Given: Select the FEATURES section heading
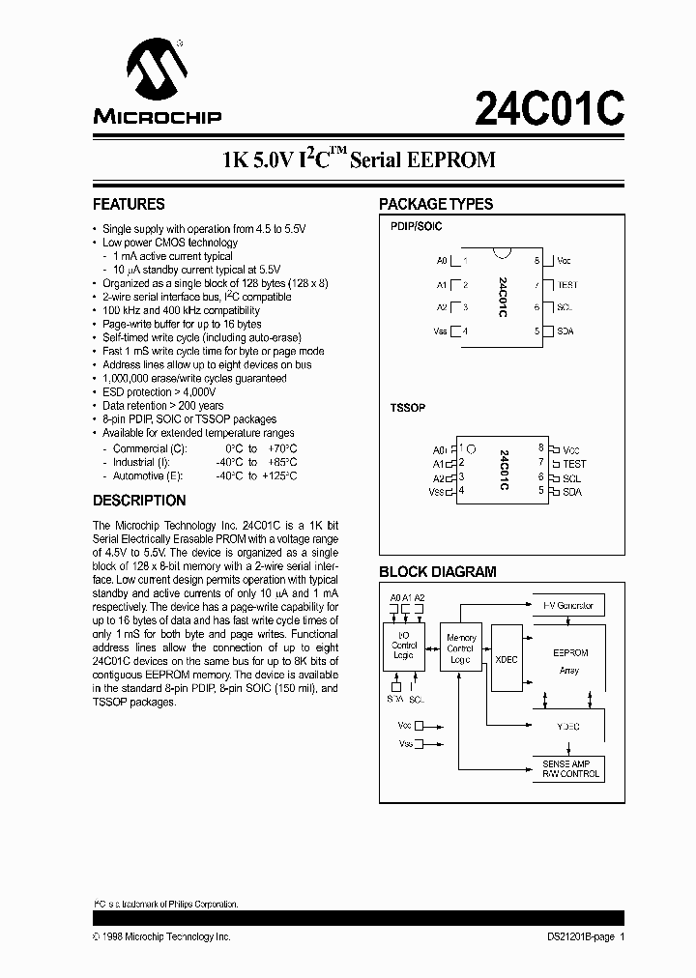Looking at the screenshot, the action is (x=129, y=204).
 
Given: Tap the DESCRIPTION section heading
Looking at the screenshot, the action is (x=139, y=501).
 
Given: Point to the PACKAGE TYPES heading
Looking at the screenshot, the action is (x=436, y=204).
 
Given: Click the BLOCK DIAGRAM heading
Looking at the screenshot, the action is (x=437, y=571).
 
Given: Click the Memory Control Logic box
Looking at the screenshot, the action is (x=461, y=649).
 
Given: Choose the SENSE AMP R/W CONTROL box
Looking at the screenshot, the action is (x=567, y=769).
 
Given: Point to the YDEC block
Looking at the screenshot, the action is (x=567, y=725).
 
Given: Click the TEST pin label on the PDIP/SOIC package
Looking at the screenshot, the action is (x=567, y=284).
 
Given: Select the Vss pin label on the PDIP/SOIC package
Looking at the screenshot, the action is (x=442, y=331).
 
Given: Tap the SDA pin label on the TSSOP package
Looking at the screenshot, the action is (x=572, y=492).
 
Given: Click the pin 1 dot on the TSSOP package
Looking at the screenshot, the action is (x=473, y=448).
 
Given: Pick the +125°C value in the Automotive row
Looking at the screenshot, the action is (x=278, y=475).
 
